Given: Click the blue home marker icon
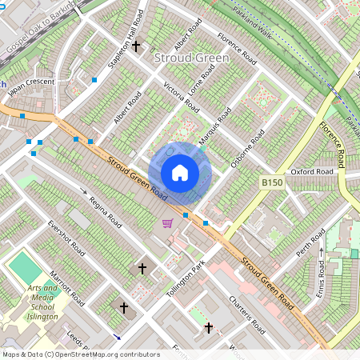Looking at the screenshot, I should [180, 173].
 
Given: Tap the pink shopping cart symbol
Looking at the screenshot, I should [167, 223].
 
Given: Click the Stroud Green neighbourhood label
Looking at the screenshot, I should [191, 58].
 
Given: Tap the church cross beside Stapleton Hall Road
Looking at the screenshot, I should [136, 47].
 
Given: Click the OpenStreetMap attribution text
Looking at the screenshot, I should [81, 354].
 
